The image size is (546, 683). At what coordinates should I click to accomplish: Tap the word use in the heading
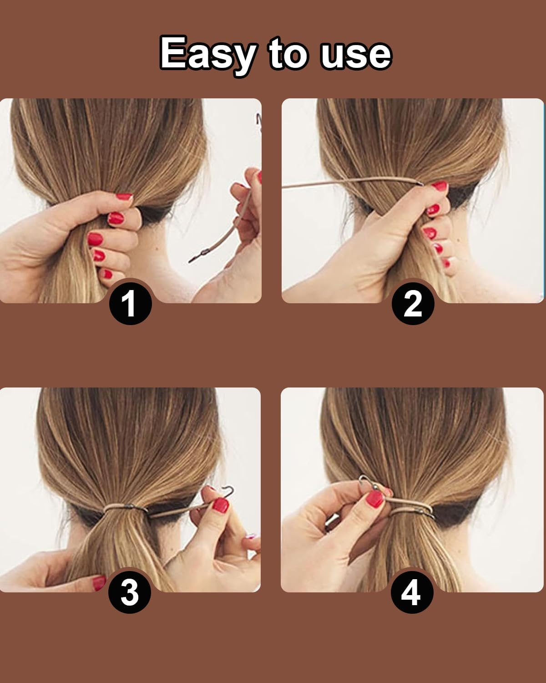356,56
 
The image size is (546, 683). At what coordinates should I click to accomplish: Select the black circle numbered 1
131,303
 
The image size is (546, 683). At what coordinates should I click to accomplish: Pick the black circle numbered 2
413,303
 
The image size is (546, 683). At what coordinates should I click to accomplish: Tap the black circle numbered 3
129,592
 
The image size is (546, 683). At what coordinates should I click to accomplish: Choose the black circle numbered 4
412,592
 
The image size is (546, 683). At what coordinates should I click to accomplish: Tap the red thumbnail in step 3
221,505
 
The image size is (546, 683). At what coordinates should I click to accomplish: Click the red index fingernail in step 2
439,185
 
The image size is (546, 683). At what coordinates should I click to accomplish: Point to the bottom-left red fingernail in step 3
99,583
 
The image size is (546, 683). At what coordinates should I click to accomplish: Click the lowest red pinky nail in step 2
446,263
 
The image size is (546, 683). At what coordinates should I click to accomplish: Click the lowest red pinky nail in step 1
107,274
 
